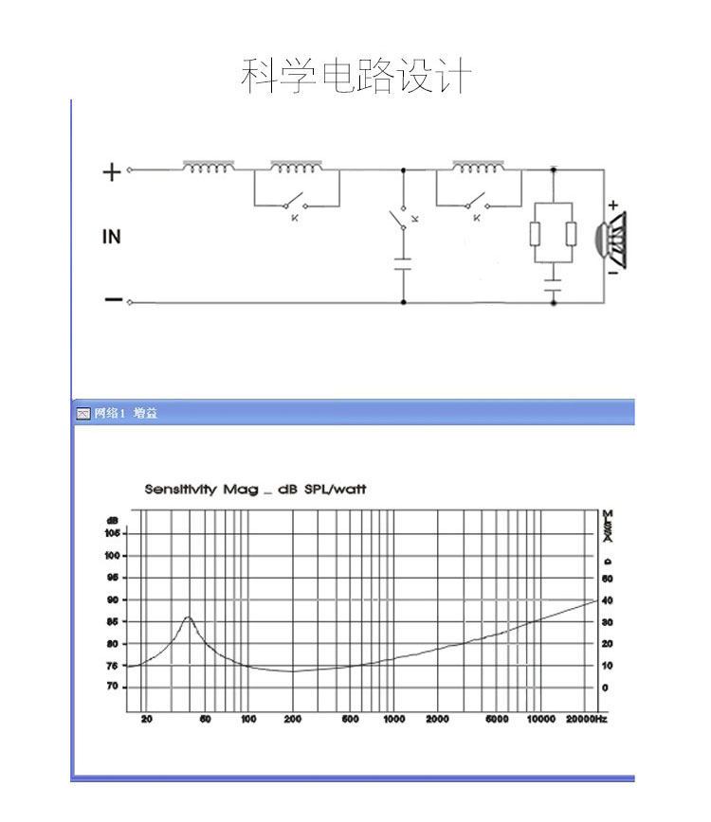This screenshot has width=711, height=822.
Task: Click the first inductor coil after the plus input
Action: pyautogui.click(x=209, y=168)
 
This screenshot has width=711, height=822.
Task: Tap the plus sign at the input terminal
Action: pyautogui.click(x=112, y=171)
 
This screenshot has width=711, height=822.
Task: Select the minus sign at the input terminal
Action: pyautogui.click(x=113, y=300)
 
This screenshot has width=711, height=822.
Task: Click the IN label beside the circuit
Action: pyautogui.click(x=112, y=237)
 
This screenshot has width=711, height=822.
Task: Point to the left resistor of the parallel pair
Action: pyautogui.click(x=537, y=234)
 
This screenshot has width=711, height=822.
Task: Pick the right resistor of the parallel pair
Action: pyautogui.click(x=570, y=234)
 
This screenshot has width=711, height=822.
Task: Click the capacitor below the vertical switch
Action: pyautogui.click(x=405, y=262)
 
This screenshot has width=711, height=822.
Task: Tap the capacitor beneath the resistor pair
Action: pyautogui.click(x=554, y=280)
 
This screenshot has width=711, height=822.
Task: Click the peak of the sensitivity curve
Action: pyautogui.click(x=188, y=617)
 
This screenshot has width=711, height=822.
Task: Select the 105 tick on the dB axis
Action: pyautogui.click(x=113, y=533)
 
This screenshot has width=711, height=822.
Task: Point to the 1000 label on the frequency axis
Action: pyautogui.click(x=393, y=720)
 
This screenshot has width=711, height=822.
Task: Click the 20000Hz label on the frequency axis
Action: pyautogui.click(x=586, y=720)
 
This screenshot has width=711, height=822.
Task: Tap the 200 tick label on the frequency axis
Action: pyautogui.click(x=292, y=720)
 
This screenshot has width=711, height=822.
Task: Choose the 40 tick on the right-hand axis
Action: pyautogui.click(x=608, y=600)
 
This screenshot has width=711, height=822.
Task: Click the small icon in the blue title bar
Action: pyautogui.click(x=82, y=414)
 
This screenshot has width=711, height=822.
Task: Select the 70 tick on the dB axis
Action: pyautogui.click(x=113, y=687)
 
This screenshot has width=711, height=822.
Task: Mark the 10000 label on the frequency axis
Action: pyautogui.click(x=540, y=720)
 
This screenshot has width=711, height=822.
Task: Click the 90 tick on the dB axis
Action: pyautogui.click(x=113, y=599)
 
